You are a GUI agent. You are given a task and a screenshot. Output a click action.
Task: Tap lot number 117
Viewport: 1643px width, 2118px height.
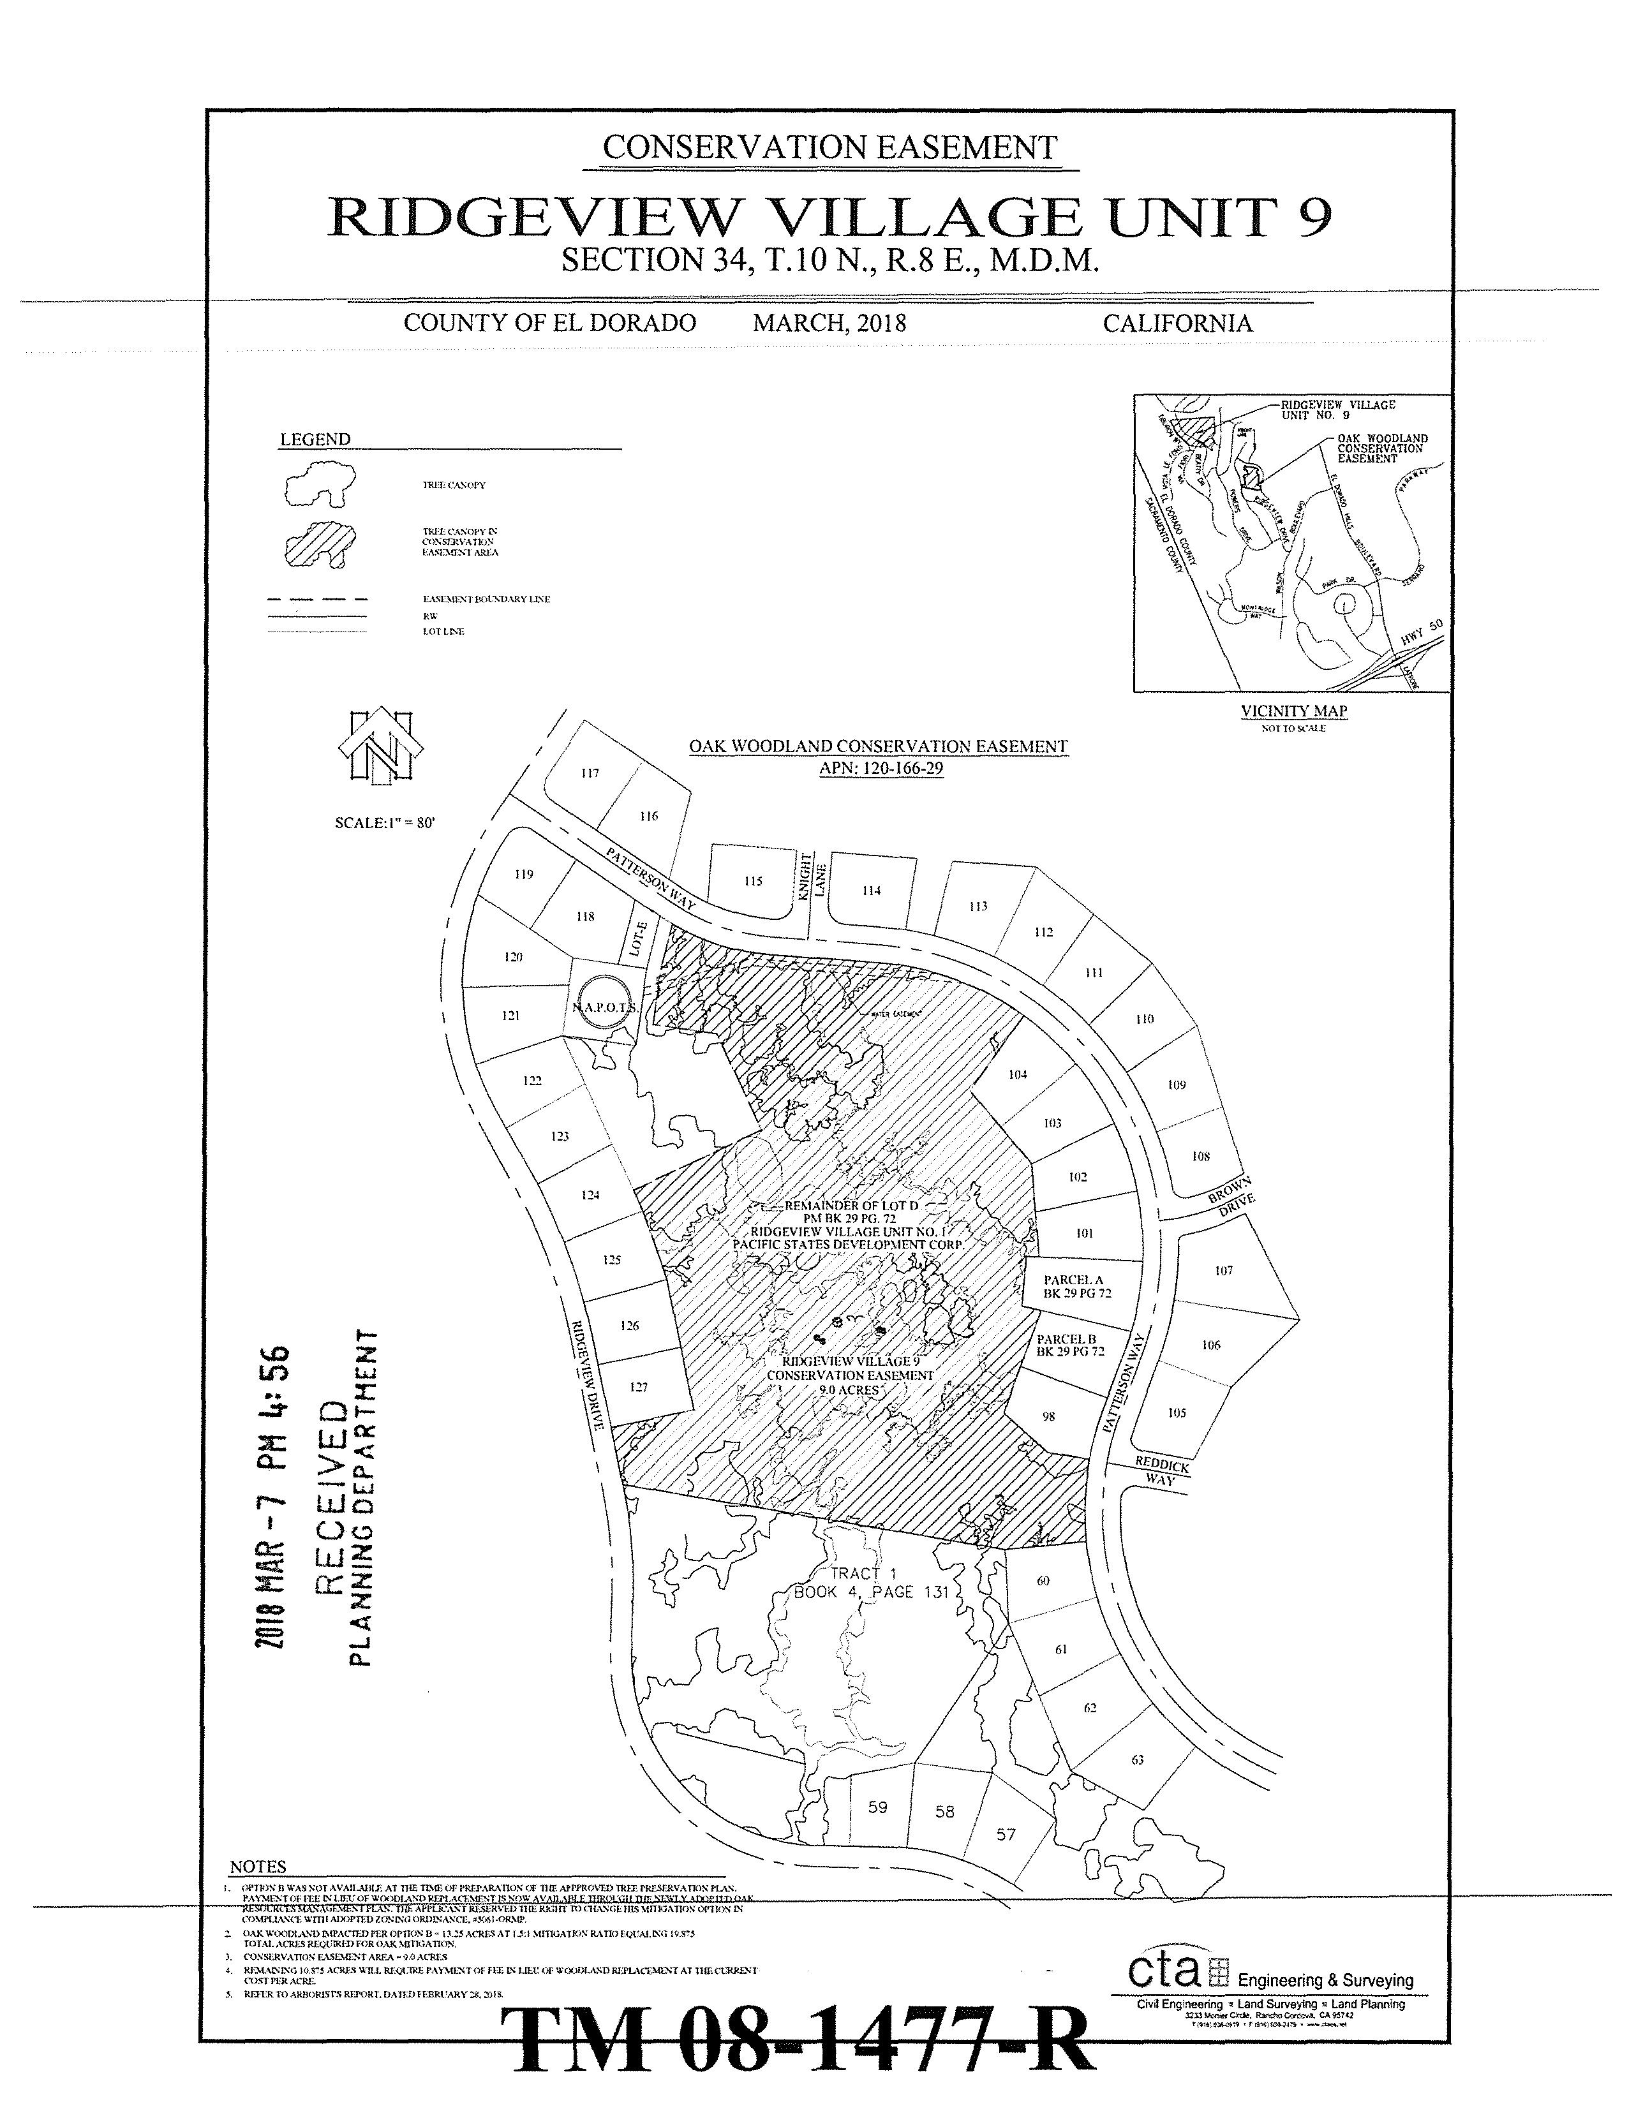(590, 773)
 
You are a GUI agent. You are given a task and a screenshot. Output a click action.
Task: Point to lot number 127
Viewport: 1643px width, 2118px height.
(637, 1387)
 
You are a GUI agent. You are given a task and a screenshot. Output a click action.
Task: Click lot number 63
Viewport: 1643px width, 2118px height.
(1138, 1759)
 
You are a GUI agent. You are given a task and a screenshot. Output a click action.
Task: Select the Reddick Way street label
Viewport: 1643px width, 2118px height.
(1162, 1473)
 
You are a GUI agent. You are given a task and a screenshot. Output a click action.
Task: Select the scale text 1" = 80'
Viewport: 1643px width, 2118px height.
(385, 822)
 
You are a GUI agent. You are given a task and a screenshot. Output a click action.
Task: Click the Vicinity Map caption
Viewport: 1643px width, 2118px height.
(1294, 711)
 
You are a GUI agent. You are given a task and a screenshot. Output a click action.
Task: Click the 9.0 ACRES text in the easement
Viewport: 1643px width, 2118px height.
(849, 1389)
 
